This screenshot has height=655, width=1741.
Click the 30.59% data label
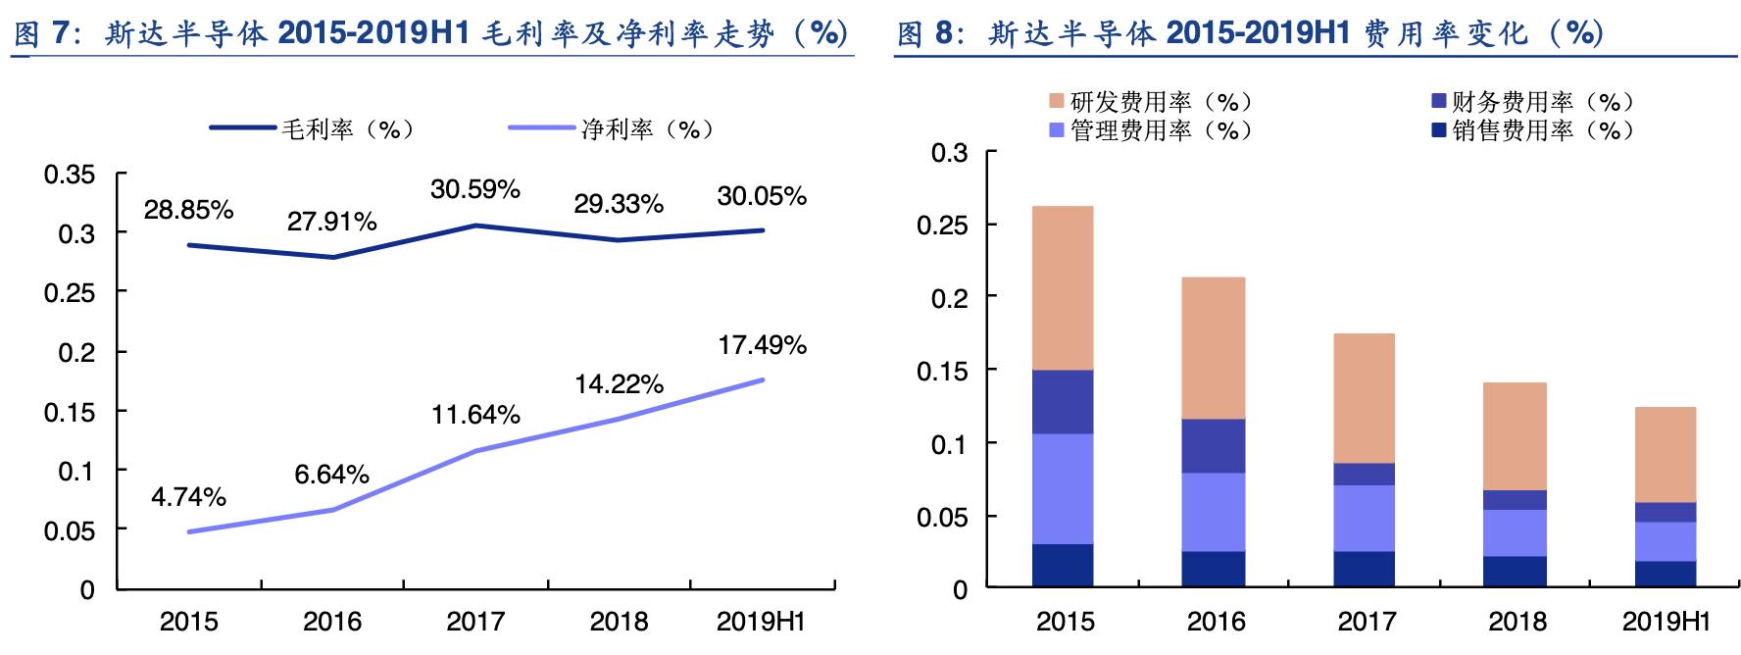click(x=474, y=189)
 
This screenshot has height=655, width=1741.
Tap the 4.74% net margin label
click(x=188, y=497)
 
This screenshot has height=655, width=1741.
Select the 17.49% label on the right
click(x=762, y=345)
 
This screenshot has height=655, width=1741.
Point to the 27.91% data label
click(x=331, y=222)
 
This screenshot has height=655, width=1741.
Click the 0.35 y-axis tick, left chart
click(x=70, y=176)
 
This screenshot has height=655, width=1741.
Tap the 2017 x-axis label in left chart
click(x=474, y=622)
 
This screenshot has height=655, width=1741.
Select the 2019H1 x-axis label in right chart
click(x=1666, y=622)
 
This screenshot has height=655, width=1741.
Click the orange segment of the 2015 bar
click(x=1065, y=287)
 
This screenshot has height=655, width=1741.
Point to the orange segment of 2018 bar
click(x=1517, y=436)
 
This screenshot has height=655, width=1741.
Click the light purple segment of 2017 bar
click(x=1366, y=518)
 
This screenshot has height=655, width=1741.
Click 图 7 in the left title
click(x=42, y=34)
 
